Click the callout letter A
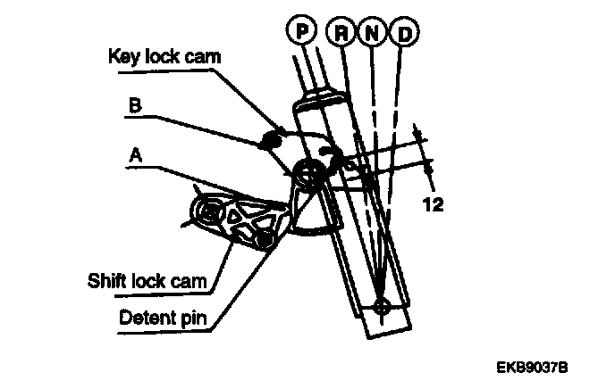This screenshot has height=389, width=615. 137,153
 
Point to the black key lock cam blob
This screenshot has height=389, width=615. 272,137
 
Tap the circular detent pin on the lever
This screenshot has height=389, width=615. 309,174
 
